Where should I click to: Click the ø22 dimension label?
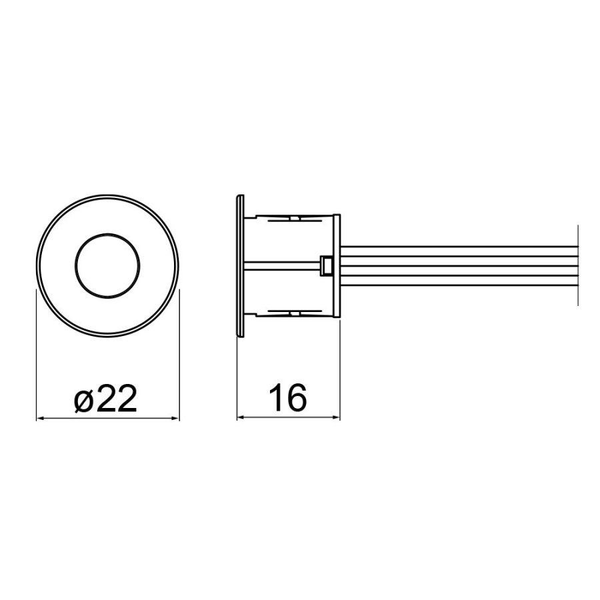coord(105,399)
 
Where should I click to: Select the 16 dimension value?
coord(288,397)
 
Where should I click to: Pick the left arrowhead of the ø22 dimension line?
coord(40,419)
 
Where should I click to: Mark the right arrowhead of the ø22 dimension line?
coord(175,419)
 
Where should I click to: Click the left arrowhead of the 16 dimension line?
coord(241,417)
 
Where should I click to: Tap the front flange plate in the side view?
coord(240,265)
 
